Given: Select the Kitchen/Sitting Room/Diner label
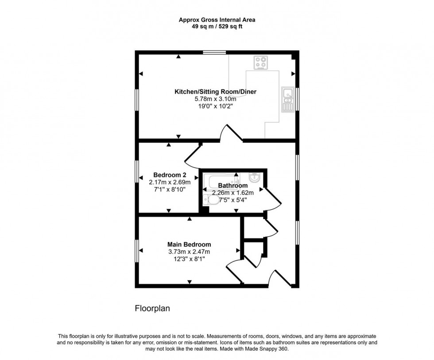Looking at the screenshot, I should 216,92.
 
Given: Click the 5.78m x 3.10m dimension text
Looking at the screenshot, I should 216,99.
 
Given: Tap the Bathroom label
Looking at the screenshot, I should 232,185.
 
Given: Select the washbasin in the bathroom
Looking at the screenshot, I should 255,177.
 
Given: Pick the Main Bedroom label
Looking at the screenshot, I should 189,244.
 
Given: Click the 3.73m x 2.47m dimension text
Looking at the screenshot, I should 189,251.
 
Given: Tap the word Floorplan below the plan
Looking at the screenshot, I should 152,308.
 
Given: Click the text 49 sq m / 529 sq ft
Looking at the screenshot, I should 217,26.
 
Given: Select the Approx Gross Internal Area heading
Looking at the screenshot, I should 217,20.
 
